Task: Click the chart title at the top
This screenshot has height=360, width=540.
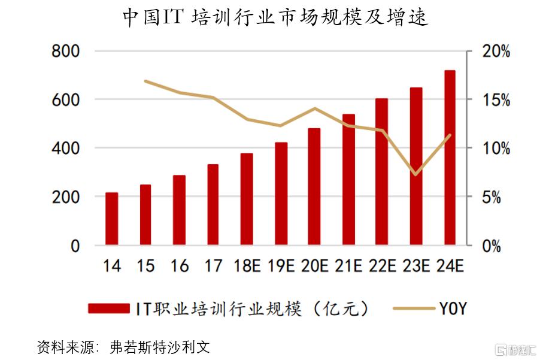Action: click(275, 17)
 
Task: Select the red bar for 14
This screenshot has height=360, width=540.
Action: click(111, 219)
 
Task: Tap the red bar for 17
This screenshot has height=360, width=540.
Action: click(213, 204)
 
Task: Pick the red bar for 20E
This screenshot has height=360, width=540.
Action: click(314, 186)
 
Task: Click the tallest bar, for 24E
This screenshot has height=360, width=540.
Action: click(450, 158)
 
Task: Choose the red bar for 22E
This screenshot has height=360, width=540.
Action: click(382, 171)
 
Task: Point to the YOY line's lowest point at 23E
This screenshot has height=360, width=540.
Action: click(415, 175)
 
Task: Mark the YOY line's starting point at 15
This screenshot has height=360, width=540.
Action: click(145, 81)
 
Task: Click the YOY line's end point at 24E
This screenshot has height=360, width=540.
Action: click(450, 135)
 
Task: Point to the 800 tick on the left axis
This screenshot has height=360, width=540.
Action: click(66, 51)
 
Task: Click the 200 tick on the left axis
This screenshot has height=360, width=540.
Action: click(66, 196)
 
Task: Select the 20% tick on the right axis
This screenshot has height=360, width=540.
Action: click(496, 52)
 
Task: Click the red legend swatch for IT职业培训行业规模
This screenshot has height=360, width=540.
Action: click(108, 308)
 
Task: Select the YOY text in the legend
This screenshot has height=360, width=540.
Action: click(453, 308)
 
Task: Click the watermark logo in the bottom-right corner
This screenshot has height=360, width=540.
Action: click(515, 349)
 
